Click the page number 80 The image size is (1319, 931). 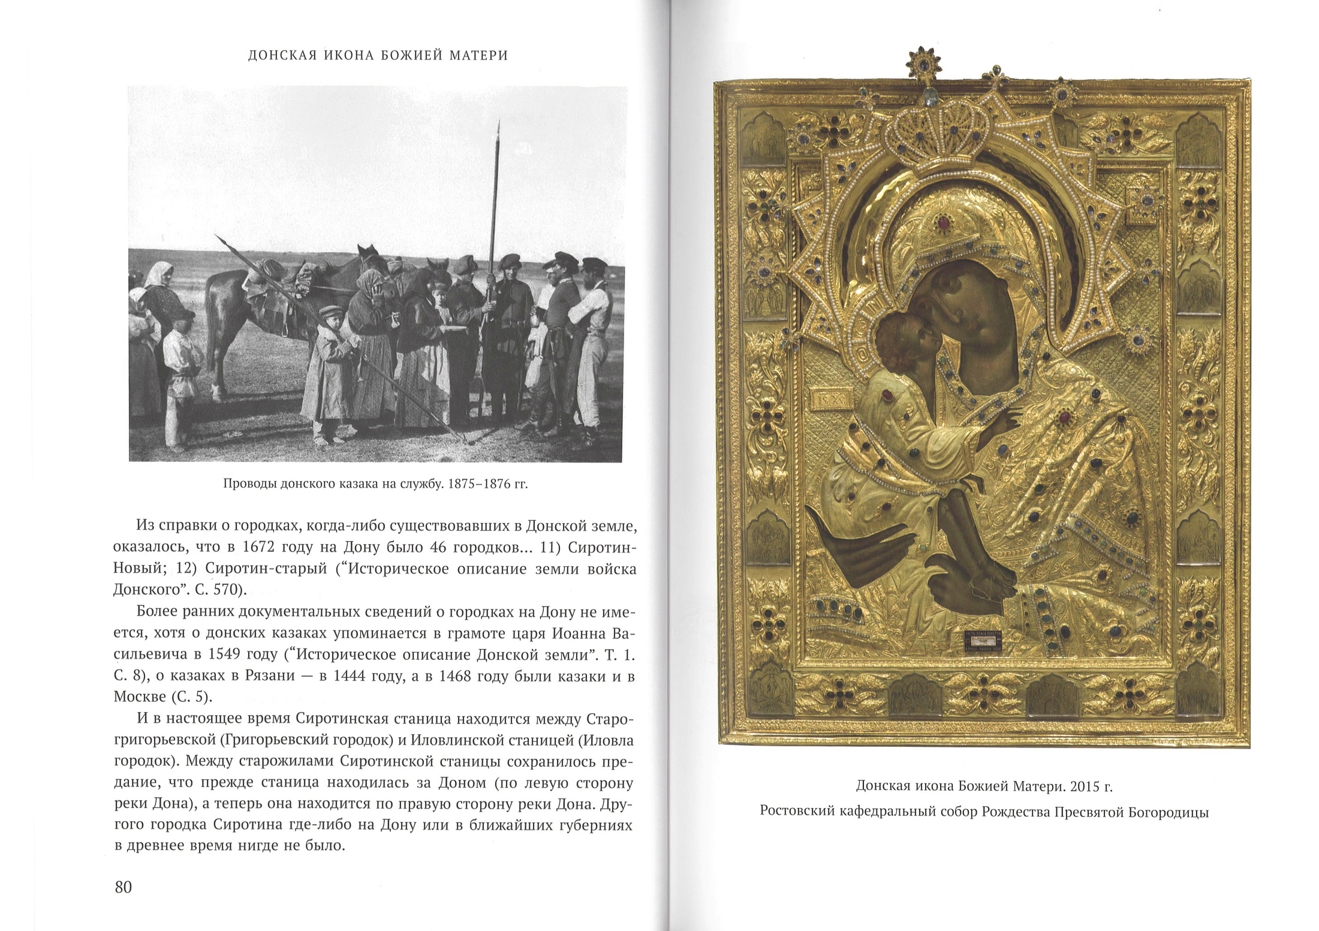pos(123,887)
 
